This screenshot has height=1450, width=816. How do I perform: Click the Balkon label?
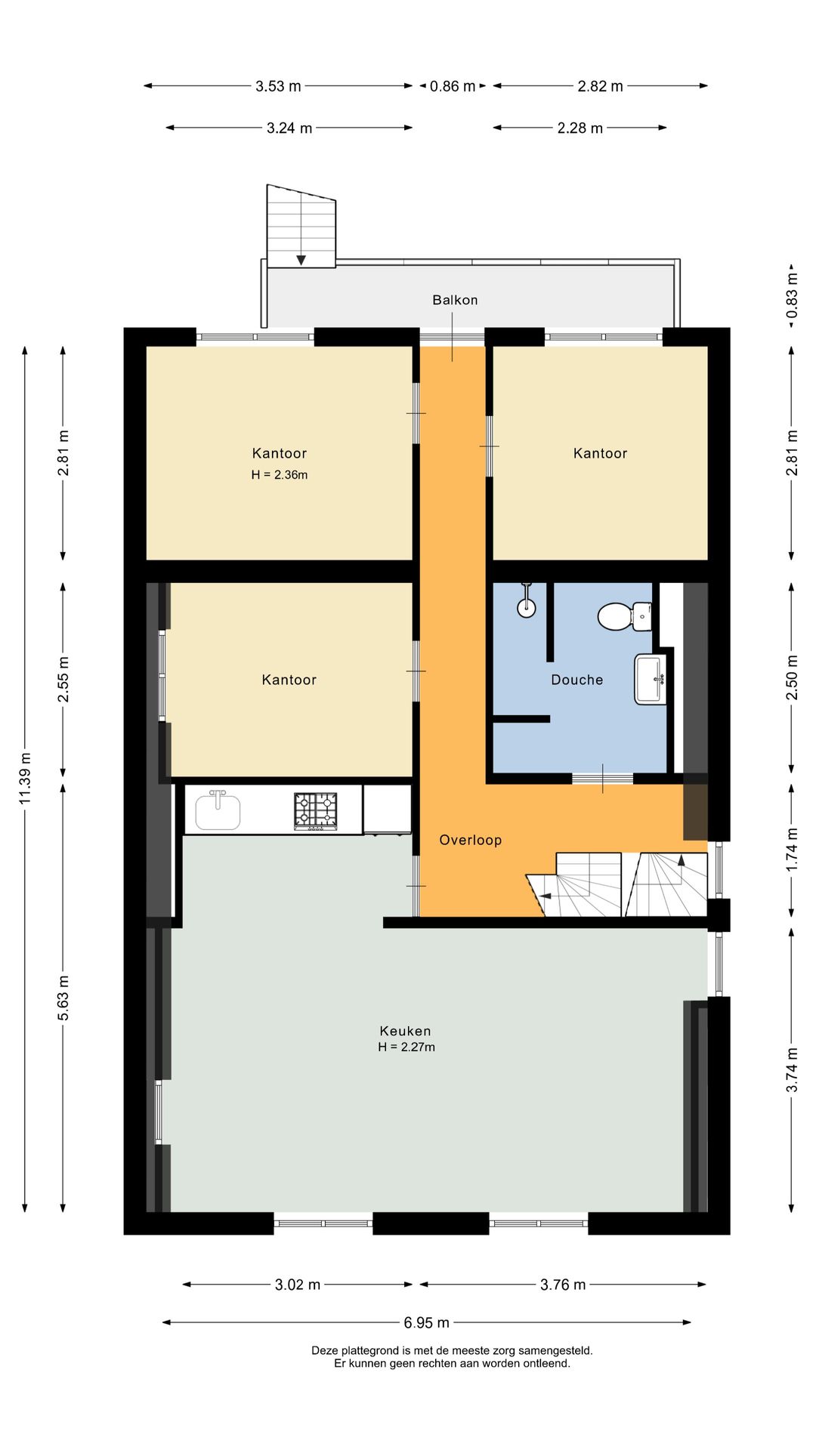click(455, 300)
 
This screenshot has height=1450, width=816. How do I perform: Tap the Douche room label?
click(576, 680)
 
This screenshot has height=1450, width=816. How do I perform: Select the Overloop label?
click(470, 840)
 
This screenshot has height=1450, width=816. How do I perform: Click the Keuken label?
click(405, 1031)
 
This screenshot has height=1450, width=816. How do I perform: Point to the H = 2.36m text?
click(280, 475)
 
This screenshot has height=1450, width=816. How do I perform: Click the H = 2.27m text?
click(406, 1047)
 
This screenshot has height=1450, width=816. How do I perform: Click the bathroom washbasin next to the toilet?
click(650, 679)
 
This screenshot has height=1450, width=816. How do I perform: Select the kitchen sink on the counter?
click(218, 810)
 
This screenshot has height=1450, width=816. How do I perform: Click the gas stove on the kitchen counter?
click(316, 811)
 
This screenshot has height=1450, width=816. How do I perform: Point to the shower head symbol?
click(527, 600)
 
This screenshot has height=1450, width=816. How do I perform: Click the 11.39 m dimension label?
click(25, 778)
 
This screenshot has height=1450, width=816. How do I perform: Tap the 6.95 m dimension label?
click(426, 1322)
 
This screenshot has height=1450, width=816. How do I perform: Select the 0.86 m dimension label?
click(453, 86)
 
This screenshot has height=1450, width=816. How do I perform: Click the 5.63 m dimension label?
click(63, 998)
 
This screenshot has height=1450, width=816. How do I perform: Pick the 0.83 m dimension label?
click(792, 295)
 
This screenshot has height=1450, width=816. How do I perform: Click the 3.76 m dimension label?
click(563, 1285)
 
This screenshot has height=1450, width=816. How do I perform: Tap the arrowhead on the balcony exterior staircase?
click(301, 260)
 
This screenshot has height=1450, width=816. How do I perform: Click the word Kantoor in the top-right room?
click(600, 453)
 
